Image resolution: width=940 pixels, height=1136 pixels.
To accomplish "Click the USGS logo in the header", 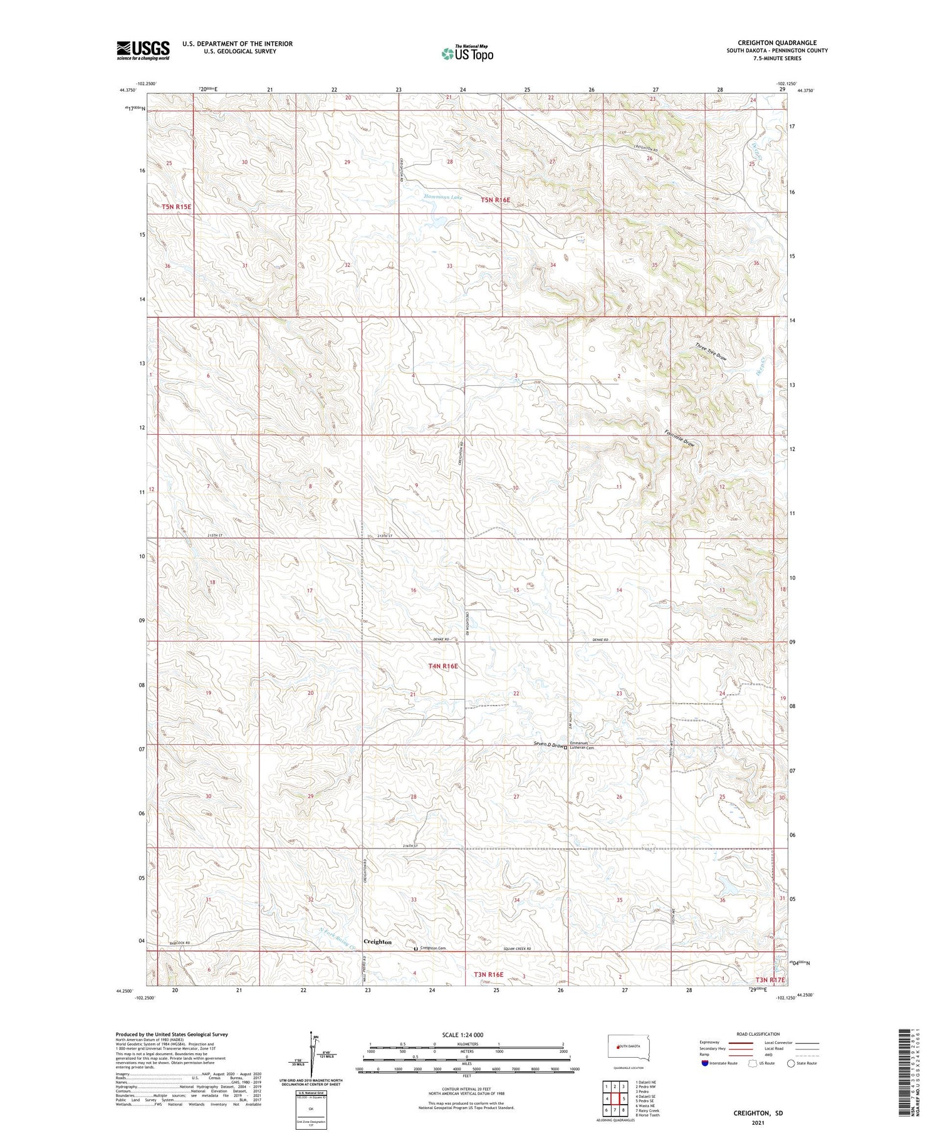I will coord(143,50).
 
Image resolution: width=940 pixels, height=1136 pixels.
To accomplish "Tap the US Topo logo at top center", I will coord(467,53).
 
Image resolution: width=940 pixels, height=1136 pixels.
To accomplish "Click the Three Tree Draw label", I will coord(711,352).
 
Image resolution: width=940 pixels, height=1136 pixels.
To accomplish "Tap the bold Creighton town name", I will coord(377,942).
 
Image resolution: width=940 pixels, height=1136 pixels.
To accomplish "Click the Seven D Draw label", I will coord(547,744).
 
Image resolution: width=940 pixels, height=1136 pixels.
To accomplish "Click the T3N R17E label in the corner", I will coord(770,979).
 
